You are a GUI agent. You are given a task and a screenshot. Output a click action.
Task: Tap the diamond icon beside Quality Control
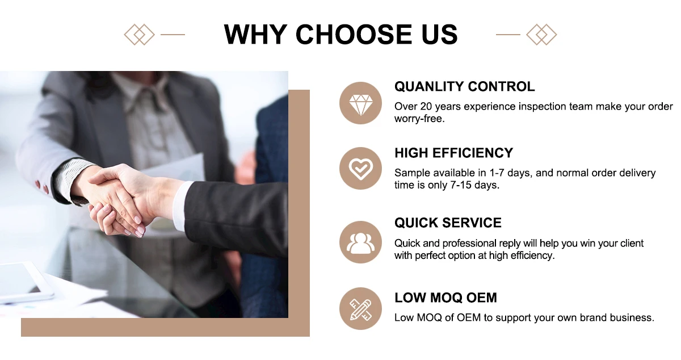[360, 103]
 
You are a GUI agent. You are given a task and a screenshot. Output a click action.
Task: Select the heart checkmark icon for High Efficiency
[360, 169]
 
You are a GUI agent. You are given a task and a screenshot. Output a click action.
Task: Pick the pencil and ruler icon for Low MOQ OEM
[360, 308]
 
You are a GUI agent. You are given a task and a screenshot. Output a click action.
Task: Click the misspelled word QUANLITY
[429, 86]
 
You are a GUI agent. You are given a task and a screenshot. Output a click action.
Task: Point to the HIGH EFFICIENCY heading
[453, 153]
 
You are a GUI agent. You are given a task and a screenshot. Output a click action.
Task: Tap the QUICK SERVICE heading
[448, 223]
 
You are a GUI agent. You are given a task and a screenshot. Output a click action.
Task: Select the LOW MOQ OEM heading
[445, 298]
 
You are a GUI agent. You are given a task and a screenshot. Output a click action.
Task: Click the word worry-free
[419, 119]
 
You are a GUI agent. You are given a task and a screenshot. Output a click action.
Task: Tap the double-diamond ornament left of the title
[139, 35]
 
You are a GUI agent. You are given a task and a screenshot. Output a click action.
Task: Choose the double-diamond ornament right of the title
[541, 35]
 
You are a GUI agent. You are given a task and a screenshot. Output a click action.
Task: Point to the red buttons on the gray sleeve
[41, 187]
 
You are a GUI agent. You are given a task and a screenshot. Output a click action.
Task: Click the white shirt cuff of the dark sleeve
[180, 206]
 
